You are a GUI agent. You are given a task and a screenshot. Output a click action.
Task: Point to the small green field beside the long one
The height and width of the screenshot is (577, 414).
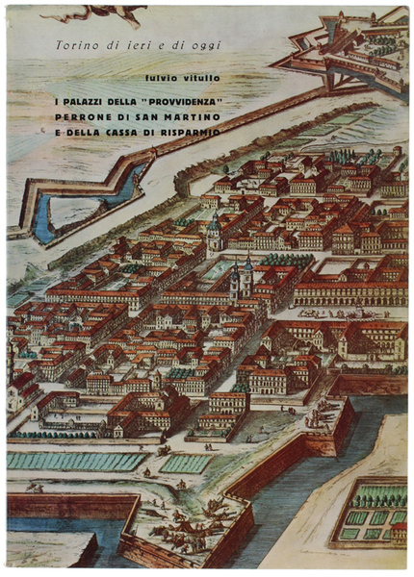185,464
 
